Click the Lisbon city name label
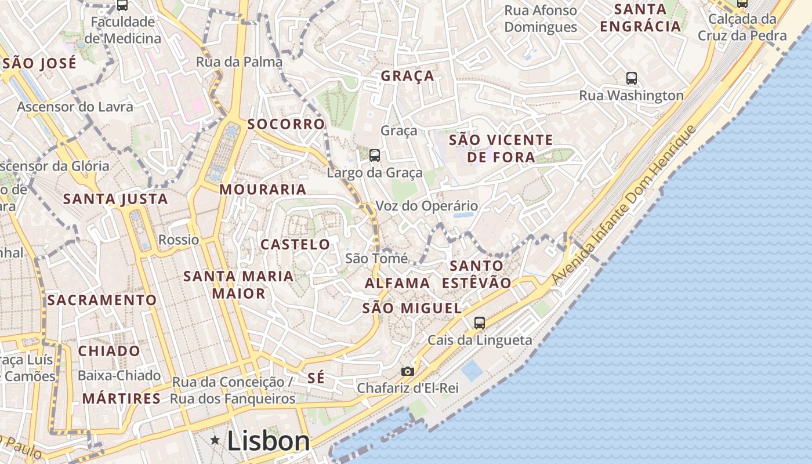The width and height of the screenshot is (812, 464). [x=269, y=441]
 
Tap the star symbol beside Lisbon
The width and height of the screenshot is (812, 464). [x=215, y=441]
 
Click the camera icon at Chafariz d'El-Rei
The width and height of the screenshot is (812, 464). [x=408, y=371]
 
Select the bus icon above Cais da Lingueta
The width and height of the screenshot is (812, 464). [x=480, y=323]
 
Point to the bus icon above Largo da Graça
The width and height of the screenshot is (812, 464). [x=375, y=155]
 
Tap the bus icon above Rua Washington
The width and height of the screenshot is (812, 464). [x=632, y=78]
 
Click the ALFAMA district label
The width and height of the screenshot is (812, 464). [x=397, y=284]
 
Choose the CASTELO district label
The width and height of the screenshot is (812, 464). [x=295, y=245]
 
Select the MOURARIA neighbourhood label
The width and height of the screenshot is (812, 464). [x=263, y=190]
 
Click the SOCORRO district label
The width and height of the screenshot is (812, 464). [x=286, y=124]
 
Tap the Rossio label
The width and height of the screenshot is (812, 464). [x=179, y=240]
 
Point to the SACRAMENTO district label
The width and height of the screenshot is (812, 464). [x=102, y=300]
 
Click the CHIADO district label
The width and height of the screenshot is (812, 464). [x=109, y=351]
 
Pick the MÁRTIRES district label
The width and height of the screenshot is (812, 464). [x=121, y=398]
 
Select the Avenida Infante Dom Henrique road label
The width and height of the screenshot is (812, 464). [x=623, y=205]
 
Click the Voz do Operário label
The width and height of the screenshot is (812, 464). [x=427, y=206]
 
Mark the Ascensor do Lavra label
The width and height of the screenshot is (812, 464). [x=75, y=107]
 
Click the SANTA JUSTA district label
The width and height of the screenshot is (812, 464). [x=115, y=200]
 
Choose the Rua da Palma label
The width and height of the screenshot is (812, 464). [x=239, y=62]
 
